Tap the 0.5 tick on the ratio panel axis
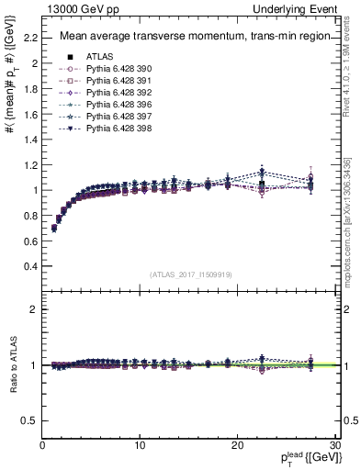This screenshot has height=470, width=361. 31,420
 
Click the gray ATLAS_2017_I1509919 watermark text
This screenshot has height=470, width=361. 191,274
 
